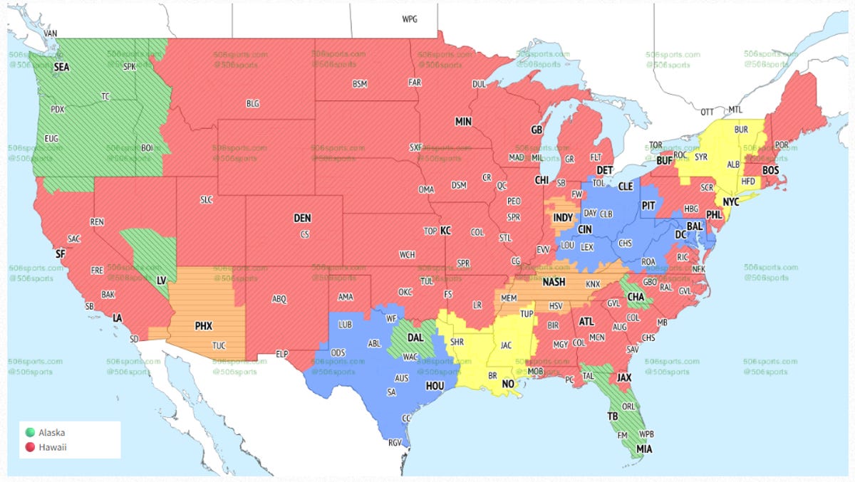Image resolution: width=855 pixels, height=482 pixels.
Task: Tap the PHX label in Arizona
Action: tap(204, 326)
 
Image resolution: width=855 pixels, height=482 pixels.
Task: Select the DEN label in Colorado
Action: tap(302, 219)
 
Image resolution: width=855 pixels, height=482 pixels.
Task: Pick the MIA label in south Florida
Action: tap(644, 449)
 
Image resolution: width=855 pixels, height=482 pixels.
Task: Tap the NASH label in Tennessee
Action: tap(554, 282)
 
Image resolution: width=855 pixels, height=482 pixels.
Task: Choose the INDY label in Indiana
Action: tap(562, 218)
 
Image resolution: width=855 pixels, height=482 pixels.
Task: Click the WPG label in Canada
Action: tap(410, 19)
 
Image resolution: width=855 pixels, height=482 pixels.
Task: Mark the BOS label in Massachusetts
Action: tap(770, 170)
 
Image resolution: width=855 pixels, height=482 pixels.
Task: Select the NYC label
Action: tap(731, 202)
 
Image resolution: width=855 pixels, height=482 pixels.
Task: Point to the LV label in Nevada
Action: tap(162, 281)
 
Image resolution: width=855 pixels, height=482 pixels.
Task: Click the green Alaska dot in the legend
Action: tap(29, 432)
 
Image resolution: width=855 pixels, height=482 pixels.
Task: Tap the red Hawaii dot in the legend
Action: tap(29, 447)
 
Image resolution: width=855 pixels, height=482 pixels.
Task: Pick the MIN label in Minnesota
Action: tap(463, 122)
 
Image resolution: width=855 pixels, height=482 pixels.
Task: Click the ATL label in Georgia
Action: tap(586, 321)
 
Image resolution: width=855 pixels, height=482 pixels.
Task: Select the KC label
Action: tap(445, 231)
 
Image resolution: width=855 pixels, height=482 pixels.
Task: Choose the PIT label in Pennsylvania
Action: tap(648, 205)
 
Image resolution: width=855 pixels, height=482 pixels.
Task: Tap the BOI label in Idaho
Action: tap(147, 147)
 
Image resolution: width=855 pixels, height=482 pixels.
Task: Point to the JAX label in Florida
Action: tap(624, 377)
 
